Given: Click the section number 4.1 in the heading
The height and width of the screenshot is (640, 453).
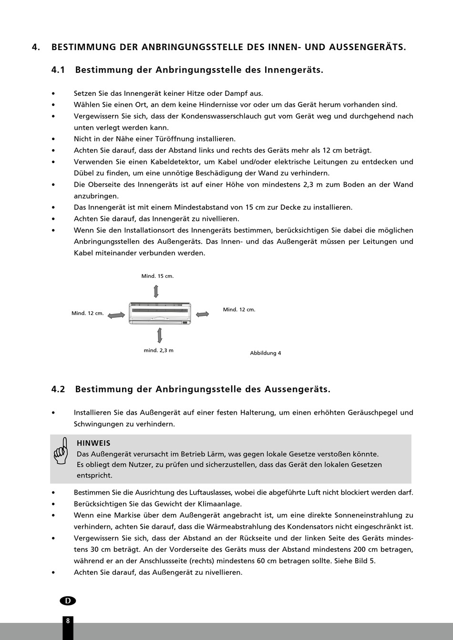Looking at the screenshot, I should [x=58, y=70].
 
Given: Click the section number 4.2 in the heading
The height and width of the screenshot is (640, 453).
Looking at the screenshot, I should [x=58, y=389].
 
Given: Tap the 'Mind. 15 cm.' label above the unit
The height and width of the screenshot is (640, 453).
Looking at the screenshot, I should [x=157, y=276].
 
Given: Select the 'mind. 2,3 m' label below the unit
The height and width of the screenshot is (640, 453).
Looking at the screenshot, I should [x=158, y=350].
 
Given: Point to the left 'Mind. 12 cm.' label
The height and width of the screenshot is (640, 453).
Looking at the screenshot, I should [x=88, y=313].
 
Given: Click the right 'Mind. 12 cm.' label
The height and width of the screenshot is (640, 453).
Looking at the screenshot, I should [x=239, y=310].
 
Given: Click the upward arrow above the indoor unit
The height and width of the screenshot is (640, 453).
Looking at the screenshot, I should [x=156, y=291].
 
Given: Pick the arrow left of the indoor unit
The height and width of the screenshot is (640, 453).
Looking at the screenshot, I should [x=116, y=315].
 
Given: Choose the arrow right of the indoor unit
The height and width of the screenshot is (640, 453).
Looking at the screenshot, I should [x=203, y=314].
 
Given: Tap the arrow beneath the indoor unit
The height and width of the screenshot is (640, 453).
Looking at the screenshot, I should [x=159, y=335].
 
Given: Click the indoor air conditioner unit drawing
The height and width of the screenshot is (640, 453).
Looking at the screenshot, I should [x=160, y=313].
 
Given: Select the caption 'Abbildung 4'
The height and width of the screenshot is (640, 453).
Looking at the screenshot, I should [x=266, y=353].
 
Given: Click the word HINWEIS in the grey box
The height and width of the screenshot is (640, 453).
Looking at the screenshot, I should [x=93, y=443].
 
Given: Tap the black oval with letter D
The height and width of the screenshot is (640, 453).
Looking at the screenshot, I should [x=68, y=600].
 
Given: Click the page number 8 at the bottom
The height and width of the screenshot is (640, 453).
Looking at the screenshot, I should [x=68, y=620].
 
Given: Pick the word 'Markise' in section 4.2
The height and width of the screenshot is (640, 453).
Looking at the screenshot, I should [x=126, y=515].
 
